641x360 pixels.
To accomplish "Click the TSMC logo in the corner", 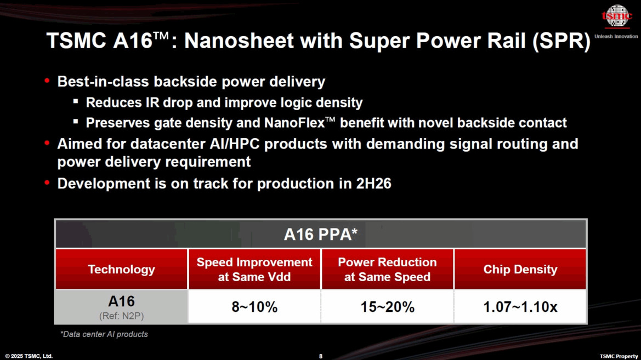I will [617, 16].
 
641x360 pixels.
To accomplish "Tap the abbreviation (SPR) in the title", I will [561, 41].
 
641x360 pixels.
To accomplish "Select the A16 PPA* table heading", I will [320, 235].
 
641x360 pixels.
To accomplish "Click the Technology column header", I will [121, 270].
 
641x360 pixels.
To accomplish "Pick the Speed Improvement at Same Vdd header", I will [254, 270].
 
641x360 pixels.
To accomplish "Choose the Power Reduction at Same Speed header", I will [387, 270].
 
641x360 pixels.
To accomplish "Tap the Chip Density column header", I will [520, 270].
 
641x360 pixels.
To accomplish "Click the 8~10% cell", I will [254, 307].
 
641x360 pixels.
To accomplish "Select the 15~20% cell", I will [387, 307].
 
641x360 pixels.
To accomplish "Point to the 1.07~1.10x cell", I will [520, 307].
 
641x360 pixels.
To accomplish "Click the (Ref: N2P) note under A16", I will [121, 316].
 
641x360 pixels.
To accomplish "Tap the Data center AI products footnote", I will [104, 334].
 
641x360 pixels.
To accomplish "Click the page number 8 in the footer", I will [321, 356].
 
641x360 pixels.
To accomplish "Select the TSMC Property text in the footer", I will [619, 356].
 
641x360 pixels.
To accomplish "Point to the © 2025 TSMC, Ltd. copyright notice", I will [29, 356].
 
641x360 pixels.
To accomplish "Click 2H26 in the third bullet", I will [372, 183].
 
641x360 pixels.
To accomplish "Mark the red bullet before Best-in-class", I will [47, 81].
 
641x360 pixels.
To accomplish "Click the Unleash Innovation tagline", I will [616, 37].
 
